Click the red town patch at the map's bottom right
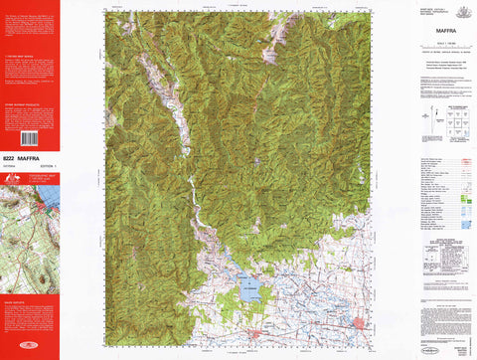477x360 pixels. (359, 321)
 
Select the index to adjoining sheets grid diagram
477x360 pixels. (444, 121)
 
